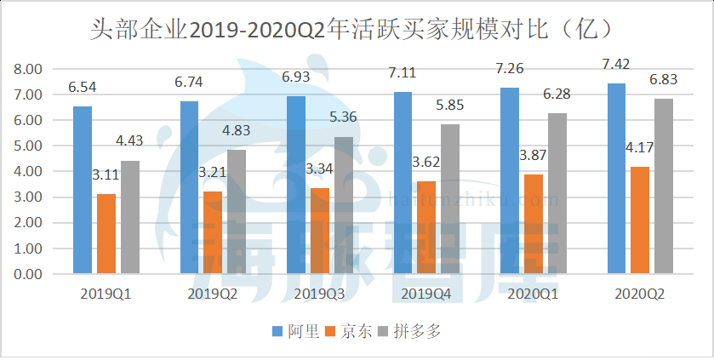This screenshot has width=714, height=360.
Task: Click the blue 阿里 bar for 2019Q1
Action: pyautogui.click(x=83, y=190)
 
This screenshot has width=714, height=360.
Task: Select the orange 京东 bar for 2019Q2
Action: pyautogui.click(x=213, y=232)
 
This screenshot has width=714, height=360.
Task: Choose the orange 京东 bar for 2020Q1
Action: pyautogui.click(x=534, y=224)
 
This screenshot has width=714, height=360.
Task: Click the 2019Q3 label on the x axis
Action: pyautogui.click(x=317, y=294)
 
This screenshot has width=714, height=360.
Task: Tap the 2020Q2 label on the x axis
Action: pyautogui.click(x=639, y=294)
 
